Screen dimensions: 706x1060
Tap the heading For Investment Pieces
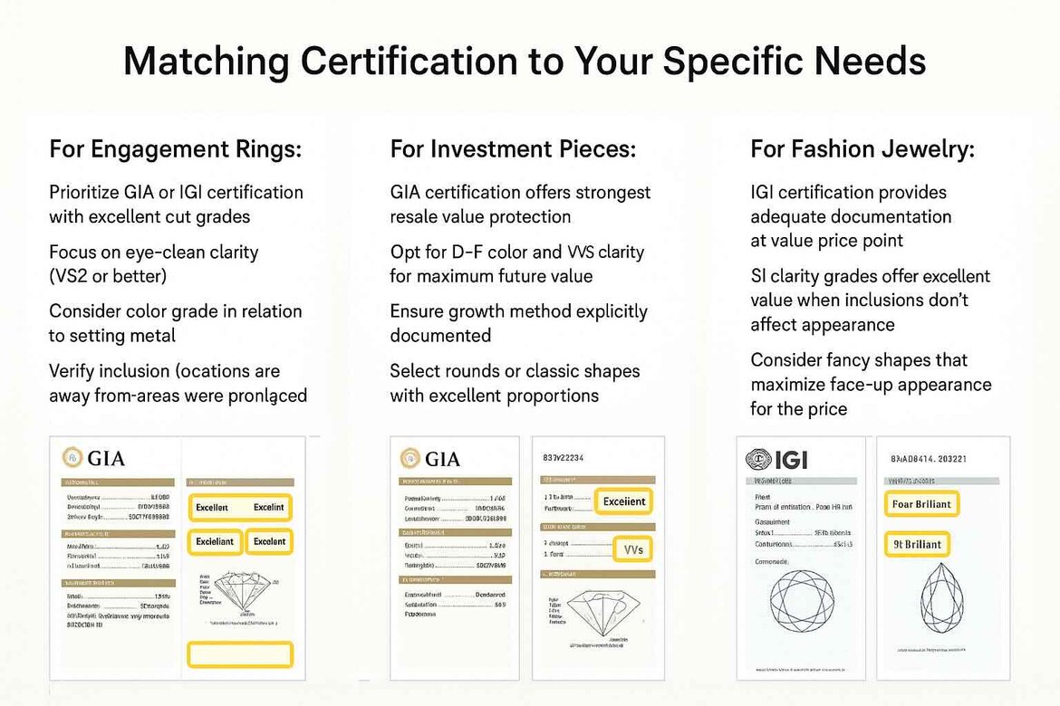pos(513,149)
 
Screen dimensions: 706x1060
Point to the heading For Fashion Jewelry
pos(862,149)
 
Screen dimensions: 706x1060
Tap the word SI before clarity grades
pos(761,276)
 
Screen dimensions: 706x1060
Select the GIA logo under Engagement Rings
pos(93,458)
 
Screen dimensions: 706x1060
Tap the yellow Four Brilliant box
pos(920,504)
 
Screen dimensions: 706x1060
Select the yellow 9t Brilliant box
pos(916,544)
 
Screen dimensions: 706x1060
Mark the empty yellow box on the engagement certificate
pos(239,654)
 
